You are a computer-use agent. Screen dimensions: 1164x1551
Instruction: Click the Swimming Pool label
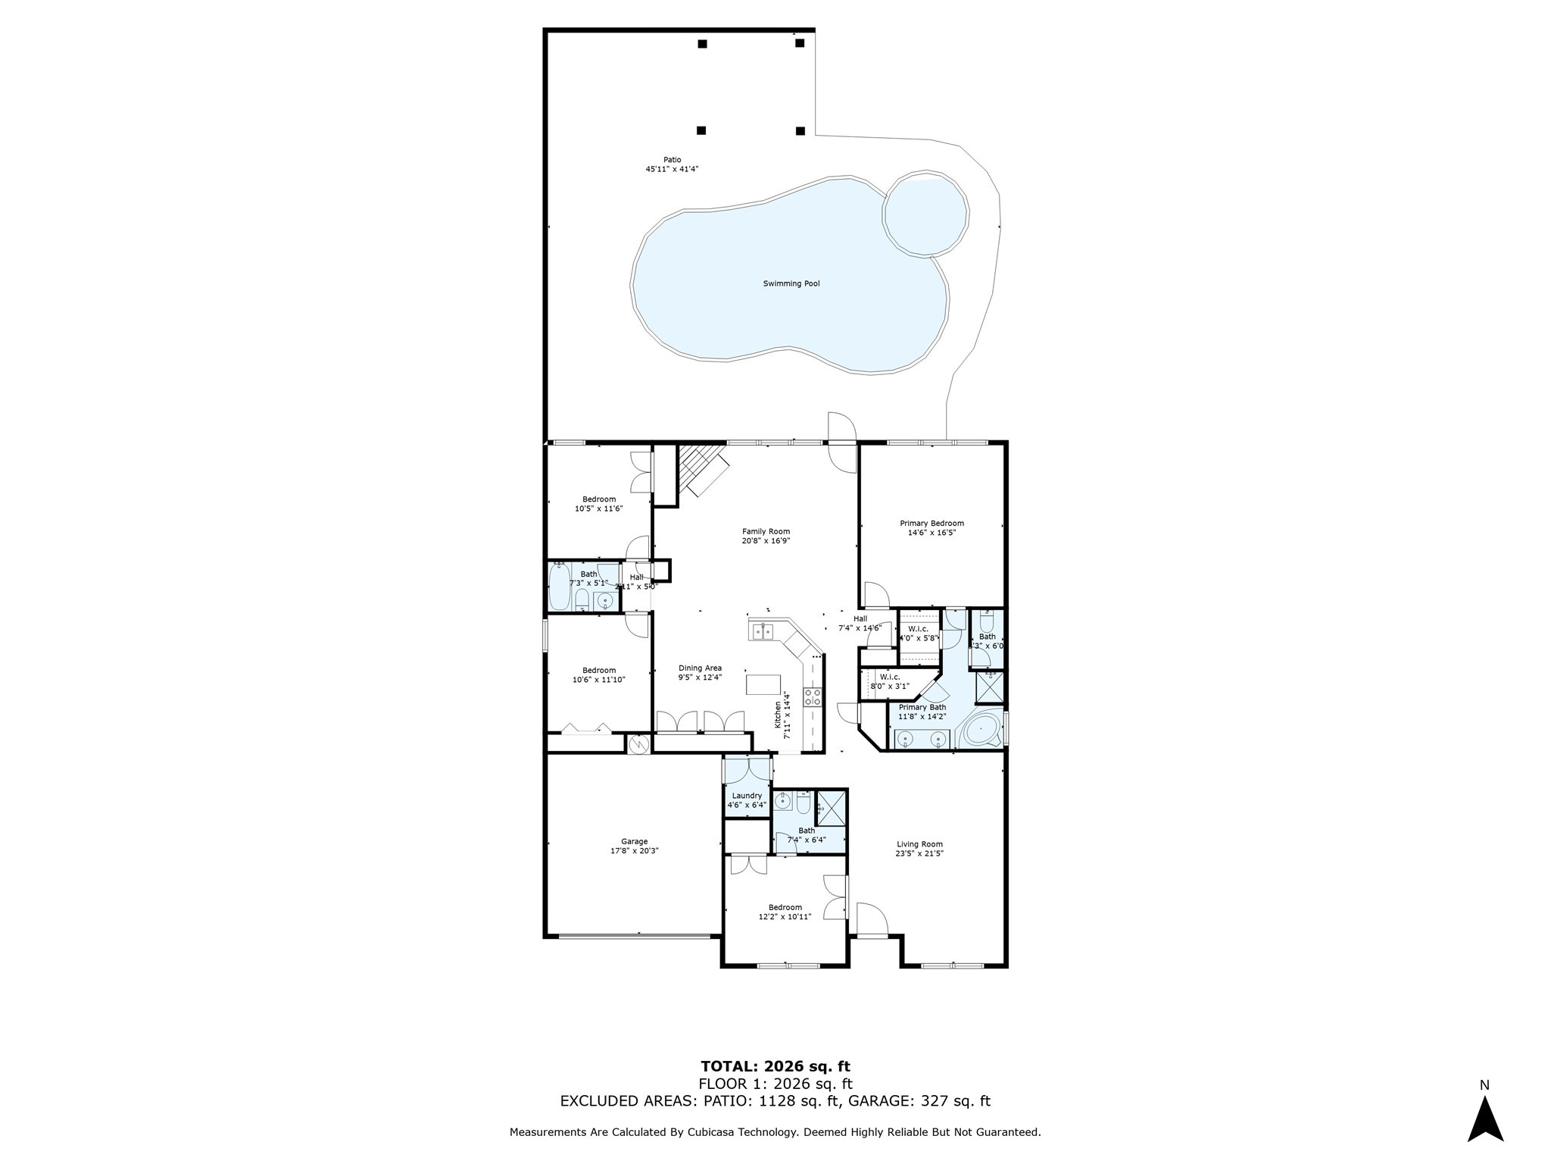[791, 283]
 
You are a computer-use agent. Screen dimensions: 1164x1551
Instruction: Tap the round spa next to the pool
[925, 214]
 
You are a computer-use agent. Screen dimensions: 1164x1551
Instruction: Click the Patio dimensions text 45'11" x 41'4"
[671, 169]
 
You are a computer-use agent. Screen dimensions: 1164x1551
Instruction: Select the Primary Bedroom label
[932, 523]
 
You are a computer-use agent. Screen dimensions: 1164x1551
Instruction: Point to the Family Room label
[766, 531]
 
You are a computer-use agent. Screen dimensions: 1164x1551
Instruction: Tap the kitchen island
[763, 684]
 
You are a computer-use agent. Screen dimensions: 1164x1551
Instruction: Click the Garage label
[634, 841]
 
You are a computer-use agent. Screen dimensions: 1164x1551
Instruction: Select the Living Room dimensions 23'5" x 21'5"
[919, 853]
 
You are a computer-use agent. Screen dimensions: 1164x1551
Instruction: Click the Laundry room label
[747, 796]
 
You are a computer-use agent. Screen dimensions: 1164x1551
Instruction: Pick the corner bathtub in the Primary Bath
[981, 731]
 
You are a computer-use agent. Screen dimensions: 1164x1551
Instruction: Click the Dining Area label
[700, 668]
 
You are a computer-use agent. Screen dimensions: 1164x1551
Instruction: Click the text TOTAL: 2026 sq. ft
[775, 1066]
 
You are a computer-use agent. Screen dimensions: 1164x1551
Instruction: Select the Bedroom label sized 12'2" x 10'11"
[785, 907]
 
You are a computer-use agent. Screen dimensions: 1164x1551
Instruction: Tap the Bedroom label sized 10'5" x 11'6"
[598, 499]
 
